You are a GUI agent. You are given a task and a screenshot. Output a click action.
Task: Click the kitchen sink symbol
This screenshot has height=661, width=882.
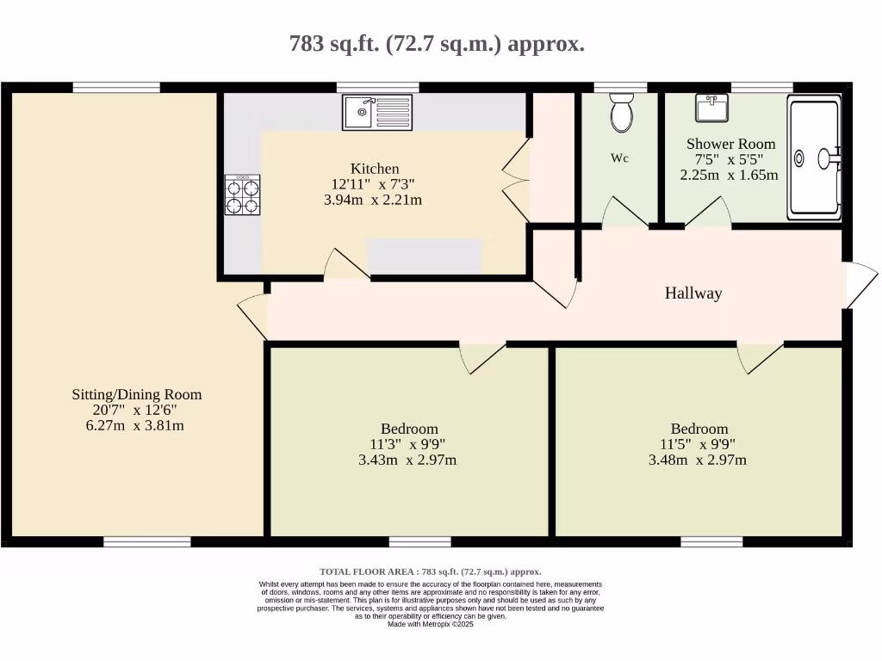click(x=377, y=112)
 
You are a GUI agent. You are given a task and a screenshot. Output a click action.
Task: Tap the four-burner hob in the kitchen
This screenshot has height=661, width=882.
click(x=242, y=195)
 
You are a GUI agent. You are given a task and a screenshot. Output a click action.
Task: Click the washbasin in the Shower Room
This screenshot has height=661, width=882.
click(x=711, y=108)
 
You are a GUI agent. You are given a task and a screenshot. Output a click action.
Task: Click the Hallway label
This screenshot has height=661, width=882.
click(x=693, y=293)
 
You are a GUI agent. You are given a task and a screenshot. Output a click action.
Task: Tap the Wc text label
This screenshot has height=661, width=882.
click(x=619, y=158)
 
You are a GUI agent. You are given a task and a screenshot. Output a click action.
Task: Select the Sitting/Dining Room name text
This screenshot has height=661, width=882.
click(x=137, y=395)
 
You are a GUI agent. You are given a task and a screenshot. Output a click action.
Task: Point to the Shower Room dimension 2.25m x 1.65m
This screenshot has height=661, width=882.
click(x=729, y=175)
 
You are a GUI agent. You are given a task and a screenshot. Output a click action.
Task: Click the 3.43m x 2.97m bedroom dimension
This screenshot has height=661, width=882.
click(x=407, y=460)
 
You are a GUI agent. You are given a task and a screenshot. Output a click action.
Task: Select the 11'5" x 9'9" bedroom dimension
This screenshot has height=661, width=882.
click(x=699, y=444)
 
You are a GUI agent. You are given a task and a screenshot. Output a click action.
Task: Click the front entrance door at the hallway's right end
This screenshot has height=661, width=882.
click(x=860, y=285)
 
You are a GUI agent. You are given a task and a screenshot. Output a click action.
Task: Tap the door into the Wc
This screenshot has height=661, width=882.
click(x=624, y=213)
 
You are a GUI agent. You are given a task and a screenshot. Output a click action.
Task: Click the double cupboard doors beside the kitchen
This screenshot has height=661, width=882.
click(x=515, y=182)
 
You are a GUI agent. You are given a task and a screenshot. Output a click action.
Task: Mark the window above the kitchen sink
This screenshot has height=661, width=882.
click(x=377, y=87)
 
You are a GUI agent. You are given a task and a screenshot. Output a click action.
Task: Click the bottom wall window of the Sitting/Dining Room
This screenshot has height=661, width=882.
click(x=147, y=541)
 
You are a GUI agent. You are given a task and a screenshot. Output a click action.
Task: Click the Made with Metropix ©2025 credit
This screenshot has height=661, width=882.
click(x=430, y=624)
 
